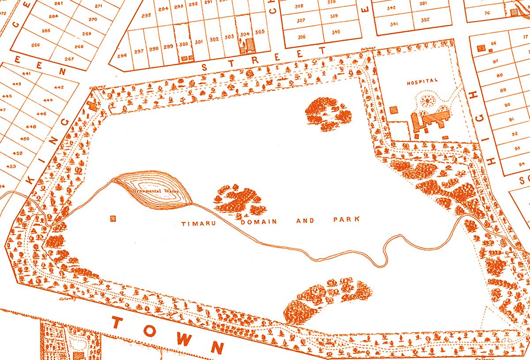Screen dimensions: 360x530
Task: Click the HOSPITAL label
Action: (422, 81)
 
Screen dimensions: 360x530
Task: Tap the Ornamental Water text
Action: (152, 192)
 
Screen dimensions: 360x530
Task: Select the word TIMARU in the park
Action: (198, 224)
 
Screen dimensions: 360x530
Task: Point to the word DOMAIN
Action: (259, 221)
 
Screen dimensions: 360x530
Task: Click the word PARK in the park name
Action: (348, 220)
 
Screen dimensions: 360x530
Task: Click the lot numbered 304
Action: (245, 34)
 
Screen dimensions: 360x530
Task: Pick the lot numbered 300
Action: (184, 44)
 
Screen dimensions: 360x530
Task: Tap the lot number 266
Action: (35, 45)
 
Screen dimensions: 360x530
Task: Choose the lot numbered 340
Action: (336, 32)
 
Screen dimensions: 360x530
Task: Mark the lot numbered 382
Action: (425, 19)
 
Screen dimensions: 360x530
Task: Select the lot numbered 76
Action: (487, 13)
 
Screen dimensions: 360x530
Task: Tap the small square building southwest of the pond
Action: (114, 218)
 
